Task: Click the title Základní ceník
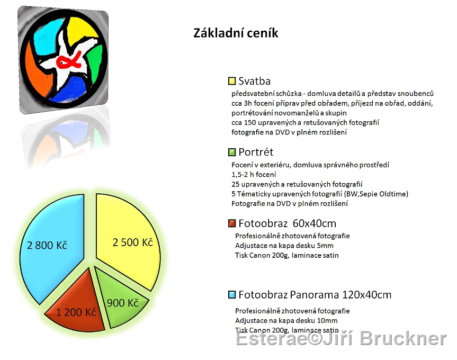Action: click(236, 33)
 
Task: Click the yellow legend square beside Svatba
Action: click(232, 81)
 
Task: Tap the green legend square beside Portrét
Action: click(232, 152)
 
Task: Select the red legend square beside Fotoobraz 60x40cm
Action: click(232, 223)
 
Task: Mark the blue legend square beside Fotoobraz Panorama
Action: click(232, 295)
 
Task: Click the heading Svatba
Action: click(254, 81)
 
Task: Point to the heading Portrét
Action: click(256, 152)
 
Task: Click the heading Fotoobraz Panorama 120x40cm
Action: click(315, 295)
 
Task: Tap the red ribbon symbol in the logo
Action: click(69, 60)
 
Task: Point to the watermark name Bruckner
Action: click(403, 338)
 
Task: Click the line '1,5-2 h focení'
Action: click(254, 175)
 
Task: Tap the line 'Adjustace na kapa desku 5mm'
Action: click(284, 246)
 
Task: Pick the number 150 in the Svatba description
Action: click(250, 123)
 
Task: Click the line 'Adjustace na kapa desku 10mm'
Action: click(286, 321)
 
